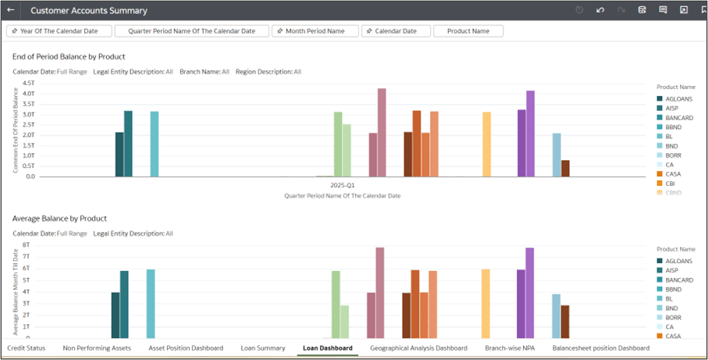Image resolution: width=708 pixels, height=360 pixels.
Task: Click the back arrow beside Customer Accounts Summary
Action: (x=11, y=10)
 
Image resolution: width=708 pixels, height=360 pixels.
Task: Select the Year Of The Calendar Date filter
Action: (x=59, y=31)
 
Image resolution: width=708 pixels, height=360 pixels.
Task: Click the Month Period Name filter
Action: (x=315, y=31)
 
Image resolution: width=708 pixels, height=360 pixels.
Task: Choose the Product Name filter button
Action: (x=468, y=31)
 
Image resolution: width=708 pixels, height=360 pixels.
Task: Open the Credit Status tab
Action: (x=26, y=348)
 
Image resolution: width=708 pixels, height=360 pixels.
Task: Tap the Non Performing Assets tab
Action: (x=97, y=348)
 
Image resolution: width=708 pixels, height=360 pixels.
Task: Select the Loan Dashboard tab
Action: (x=327, y=348)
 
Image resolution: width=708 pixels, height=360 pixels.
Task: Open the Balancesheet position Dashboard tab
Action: (x=600, y=348)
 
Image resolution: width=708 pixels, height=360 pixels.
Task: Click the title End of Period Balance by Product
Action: (x=69, y=57)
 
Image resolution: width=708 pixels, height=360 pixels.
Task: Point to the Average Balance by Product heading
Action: (x=59, y=219)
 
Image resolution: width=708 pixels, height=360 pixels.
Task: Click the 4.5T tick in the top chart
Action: (x=29, y=83)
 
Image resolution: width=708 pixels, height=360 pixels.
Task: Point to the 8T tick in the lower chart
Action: (x=26, y=244)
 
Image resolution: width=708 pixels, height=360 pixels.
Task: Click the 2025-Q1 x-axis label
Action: (x=343, y=186)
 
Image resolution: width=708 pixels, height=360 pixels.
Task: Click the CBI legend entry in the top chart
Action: (x=670, y=184)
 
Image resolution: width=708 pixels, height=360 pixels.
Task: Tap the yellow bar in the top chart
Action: (x=486, y=144)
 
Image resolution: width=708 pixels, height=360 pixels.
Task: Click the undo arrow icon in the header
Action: (x=600, y=10)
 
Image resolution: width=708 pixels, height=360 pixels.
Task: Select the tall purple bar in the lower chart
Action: (x=529, y=292)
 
